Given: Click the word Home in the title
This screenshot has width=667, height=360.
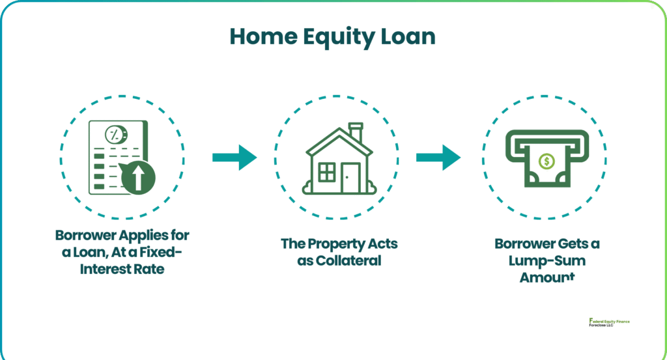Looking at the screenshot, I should [261, 36].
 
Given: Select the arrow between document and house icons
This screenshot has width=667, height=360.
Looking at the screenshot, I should [234, 158].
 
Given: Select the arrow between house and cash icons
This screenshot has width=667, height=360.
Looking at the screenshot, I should [438, 158].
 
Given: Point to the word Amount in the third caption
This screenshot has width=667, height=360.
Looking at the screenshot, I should [547, 277].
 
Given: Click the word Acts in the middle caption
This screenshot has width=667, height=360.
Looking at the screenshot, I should [382, 244].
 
